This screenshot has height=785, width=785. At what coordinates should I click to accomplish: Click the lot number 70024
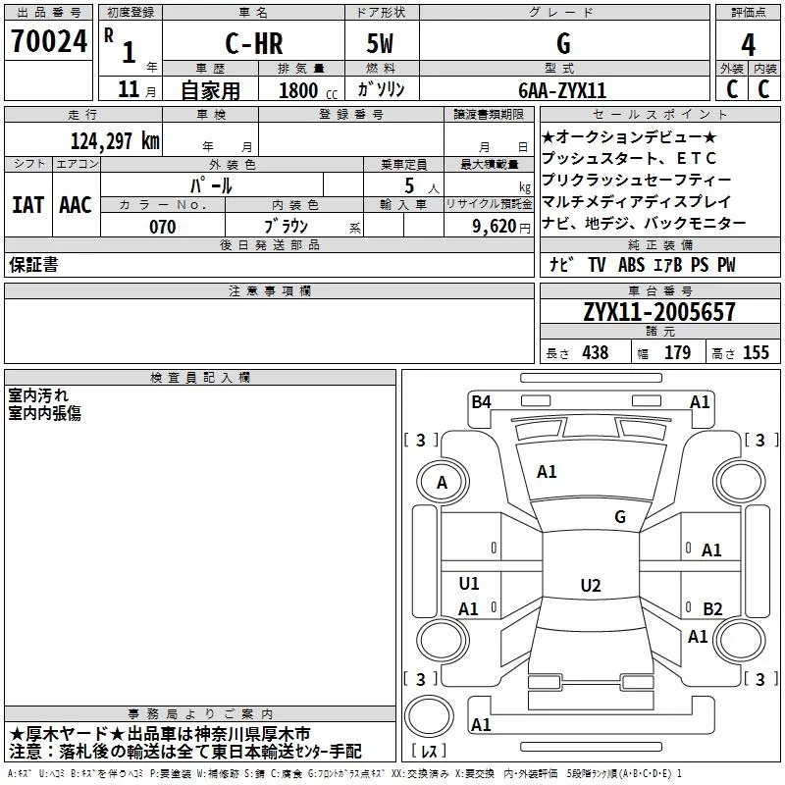pos(49,41)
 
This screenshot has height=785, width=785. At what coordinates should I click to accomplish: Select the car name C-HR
pos(254,43)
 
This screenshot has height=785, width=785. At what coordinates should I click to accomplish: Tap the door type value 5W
pos(380,43)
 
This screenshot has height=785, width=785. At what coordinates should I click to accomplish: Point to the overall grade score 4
pos(748,45)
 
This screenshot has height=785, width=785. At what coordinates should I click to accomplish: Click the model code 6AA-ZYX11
pos(562,90)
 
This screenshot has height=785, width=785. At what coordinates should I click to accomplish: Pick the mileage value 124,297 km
pos(115,141)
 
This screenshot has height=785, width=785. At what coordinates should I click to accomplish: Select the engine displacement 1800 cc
pos(308,91)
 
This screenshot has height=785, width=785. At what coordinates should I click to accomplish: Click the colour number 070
pos(163,227)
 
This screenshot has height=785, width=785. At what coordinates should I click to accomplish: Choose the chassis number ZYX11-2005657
pos(659,312)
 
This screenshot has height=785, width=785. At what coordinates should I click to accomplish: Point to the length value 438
pos(596,352)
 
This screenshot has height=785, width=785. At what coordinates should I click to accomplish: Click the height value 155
pos(756,352)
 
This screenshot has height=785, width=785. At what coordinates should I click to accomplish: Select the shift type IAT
pos(28,205)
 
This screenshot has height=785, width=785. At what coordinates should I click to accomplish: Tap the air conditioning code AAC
pos(76,205)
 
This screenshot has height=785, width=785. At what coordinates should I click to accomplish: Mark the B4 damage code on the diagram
pos(481,402)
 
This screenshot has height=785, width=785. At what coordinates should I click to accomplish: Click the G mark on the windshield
pos(620,517)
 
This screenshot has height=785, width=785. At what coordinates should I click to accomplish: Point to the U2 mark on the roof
pos(591,585)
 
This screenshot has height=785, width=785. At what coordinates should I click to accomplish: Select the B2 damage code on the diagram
pos(712,608)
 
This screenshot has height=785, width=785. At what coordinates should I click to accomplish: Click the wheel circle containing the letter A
pos(443,482)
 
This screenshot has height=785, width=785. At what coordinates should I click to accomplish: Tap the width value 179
pos(677,352)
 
